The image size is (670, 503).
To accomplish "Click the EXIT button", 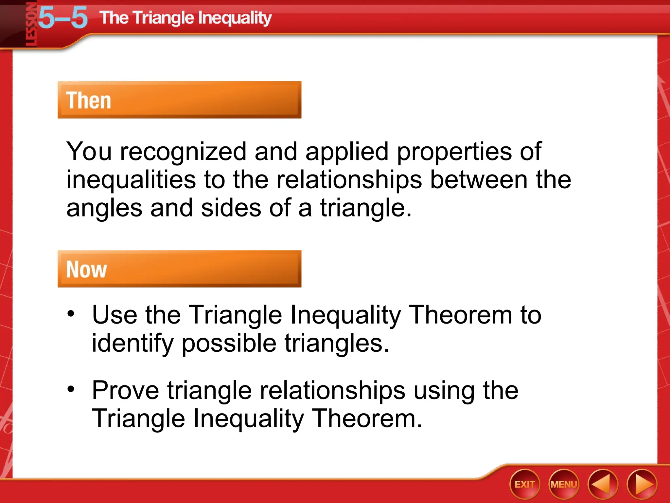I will click(x=524, y=484).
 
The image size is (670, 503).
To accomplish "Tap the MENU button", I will click(x=564, y=484).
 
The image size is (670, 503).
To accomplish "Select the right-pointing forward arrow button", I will click(x=642, y=484).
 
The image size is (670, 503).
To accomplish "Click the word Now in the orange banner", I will click(x=86, y=270).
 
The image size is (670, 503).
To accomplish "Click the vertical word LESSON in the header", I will click(x=31, y=25).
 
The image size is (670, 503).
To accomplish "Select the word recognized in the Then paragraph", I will click(x=183, y=151).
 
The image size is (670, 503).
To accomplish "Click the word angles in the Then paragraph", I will click(x=104, y=208).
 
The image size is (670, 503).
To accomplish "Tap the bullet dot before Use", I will click(x=71, y=314).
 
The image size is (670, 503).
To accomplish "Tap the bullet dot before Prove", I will click(x=71, y=389).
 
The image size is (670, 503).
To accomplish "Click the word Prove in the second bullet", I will click(x=126, y=390).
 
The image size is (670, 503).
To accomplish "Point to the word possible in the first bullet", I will click(x=229, y=343).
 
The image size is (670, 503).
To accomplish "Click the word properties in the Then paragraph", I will click(x=454, y=151).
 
